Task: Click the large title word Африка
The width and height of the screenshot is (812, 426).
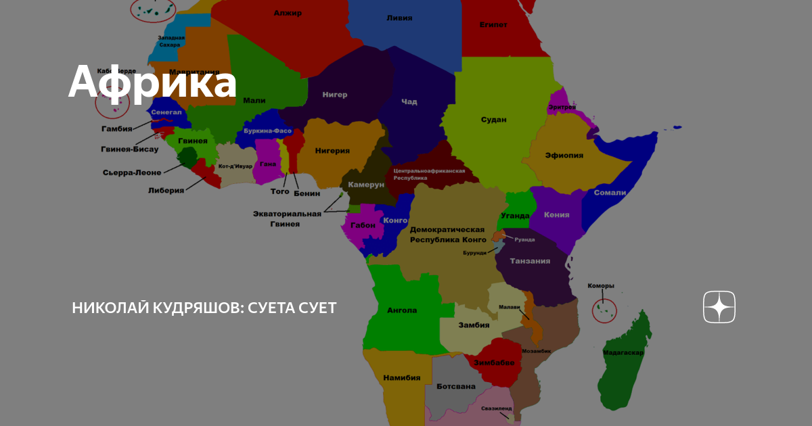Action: coord(152,82)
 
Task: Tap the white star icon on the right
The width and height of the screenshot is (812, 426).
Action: coord(719,308)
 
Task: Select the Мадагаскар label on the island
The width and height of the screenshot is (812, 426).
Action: coord(623,352)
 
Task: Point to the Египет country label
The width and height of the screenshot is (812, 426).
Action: coord(493,25)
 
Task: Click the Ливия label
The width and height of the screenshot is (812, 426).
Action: coord(399,18)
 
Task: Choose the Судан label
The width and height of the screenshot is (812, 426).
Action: coord(493,120)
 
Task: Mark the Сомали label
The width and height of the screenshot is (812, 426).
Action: coord(610,193)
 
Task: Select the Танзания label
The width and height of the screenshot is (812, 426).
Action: coord(530,261)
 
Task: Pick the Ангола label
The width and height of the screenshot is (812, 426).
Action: coord(402,311)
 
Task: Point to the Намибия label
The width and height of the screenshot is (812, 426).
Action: coord(402,378)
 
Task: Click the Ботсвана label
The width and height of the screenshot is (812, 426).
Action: coord(456,387)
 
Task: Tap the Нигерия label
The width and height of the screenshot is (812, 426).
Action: coord(333,151)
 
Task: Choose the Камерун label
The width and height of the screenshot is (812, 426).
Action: coord(366,185)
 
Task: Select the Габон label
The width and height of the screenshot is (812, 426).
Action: coord(363,225)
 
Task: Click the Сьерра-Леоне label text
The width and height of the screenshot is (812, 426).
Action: coord(132,172)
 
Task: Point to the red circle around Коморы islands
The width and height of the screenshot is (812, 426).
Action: coord(604,310)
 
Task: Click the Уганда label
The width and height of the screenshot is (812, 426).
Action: coord(516,216)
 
